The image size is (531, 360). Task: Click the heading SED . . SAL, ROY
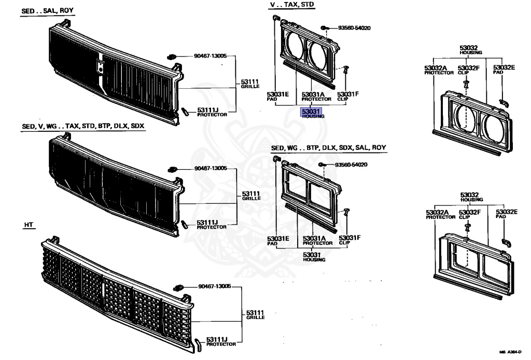[x=47, y=10]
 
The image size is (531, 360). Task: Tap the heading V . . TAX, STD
[x=291, y=5]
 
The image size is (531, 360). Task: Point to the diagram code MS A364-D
[x=510, y=352]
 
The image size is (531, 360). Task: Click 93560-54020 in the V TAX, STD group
[x=356, y=27]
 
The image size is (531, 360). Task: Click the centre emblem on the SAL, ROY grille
[x=100, y=66]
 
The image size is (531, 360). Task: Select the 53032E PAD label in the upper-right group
[x=505, y=69]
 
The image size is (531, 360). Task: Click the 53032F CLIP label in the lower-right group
[x=469, y=214]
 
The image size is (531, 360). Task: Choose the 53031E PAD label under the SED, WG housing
[x=277, y=240]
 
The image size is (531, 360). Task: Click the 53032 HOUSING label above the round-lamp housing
[x=470, y=49]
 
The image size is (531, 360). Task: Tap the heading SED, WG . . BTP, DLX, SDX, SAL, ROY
[x=329, y=148]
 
